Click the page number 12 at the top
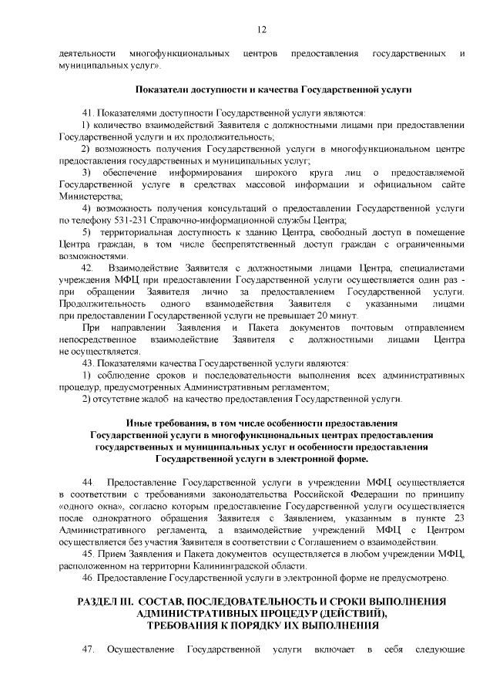[261, 29]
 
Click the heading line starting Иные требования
[261, 423]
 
